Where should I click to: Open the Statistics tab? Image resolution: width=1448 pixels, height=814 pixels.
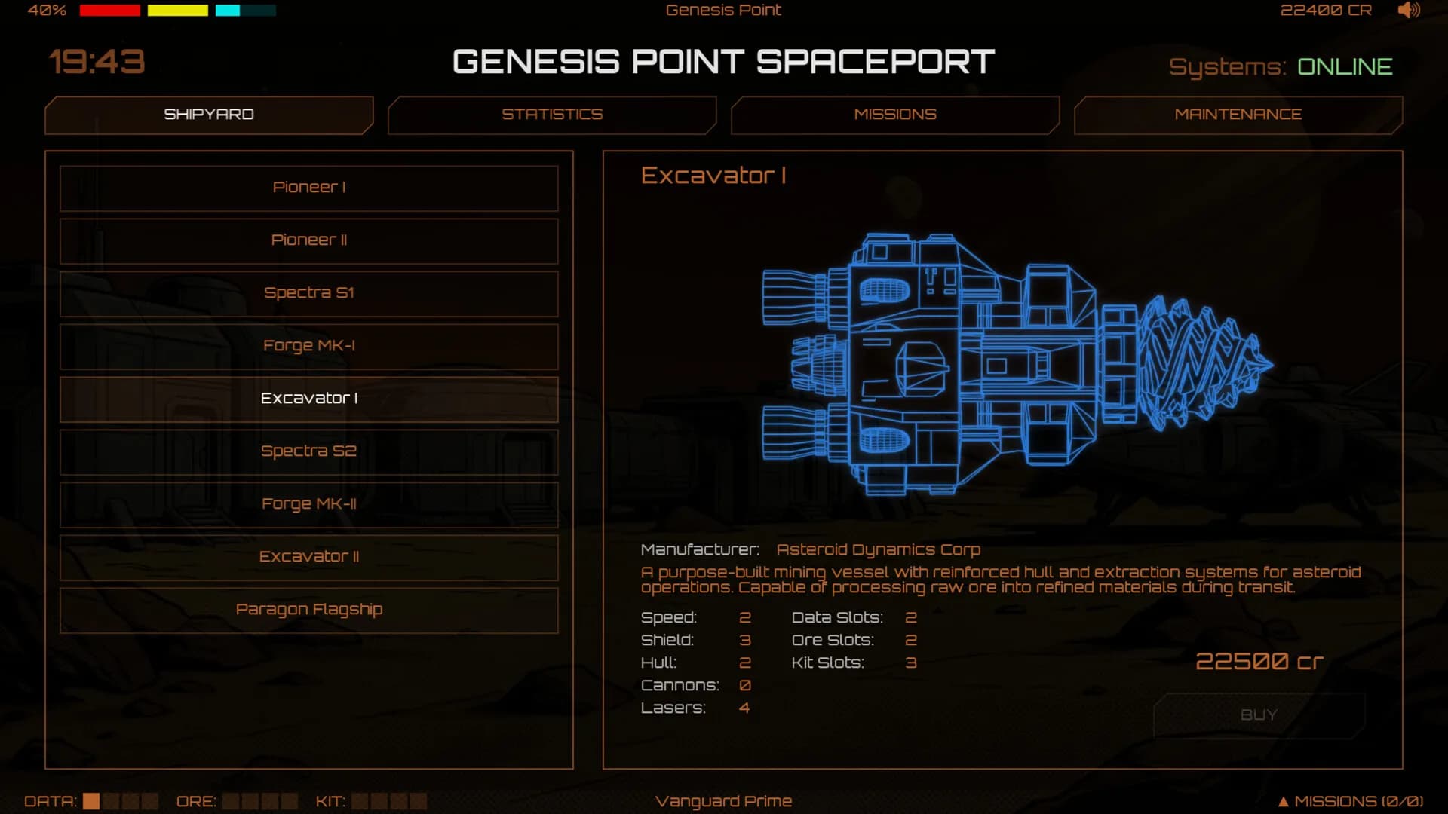click(552, 115)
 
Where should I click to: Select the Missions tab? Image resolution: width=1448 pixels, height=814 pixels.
click(895, 115)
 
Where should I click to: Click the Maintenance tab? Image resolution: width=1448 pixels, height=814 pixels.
click(1238, 115)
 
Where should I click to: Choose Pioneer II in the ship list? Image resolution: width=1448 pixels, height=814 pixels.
click(309, 240)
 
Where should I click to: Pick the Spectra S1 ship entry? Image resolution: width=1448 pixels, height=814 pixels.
click(309, 293)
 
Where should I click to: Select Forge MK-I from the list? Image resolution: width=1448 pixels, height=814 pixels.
click(309, 346)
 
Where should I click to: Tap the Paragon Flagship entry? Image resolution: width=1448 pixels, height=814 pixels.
click(309, 610)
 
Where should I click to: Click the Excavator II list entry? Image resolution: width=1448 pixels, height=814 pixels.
click(309, 557)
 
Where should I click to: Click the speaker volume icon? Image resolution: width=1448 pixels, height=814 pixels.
click(1409, 10)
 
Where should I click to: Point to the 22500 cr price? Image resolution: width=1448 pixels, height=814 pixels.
click(1259, 662)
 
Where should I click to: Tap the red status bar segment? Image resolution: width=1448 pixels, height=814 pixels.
click(110, 11)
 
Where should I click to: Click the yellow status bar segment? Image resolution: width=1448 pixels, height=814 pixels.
click(178, 11)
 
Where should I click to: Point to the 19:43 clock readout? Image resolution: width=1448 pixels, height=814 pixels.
click(97, 62)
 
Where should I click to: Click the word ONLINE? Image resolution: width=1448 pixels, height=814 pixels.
click(1345, 67)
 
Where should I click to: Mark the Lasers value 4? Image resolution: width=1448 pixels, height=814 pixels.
click(744, 708)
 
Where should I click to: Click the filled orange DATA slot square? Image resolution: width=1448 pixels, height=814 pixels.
click(91, 801)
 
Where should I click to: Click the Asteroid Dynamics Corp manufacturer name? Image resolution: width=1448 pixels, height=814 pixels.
click(879, 550)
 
